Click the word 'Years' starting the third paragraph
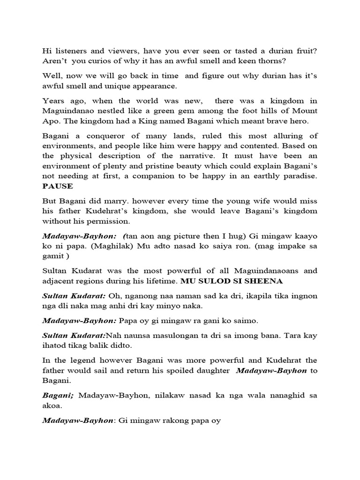pos(53,101)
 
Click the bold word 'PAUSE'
pos(58,186)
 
